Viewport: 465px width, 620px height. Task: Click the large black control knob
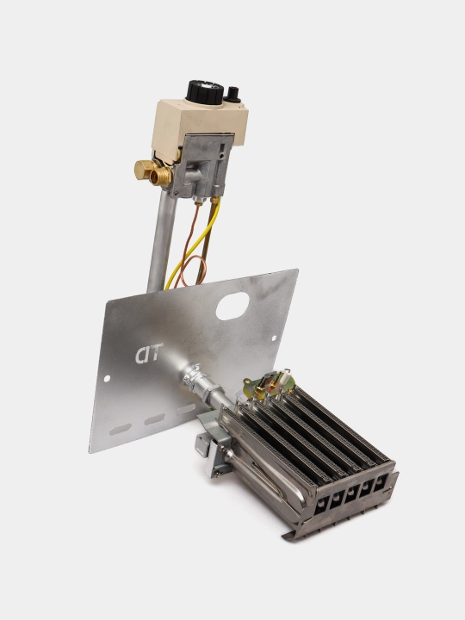tap(205, 92)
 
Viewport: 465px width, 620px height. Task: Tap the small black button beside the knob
tap(232, 95)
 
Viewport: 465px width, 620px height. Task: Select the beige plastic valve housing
tap(199, 125)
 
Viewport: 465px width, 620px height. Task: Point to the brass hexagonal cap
tap(144, 169)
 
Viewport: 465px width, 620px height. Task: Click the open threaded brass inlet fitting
tap(161, 176)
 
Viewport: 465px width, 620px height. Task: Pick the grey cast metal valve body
tap(202, 165)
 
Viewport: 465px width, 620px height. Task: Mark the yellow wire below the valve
tap(194, 245)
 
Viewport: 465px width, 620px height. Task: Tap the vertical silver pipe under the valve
tap(162, 242)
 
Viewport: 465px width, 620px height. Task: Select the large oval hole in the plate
tap(232, 306)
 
